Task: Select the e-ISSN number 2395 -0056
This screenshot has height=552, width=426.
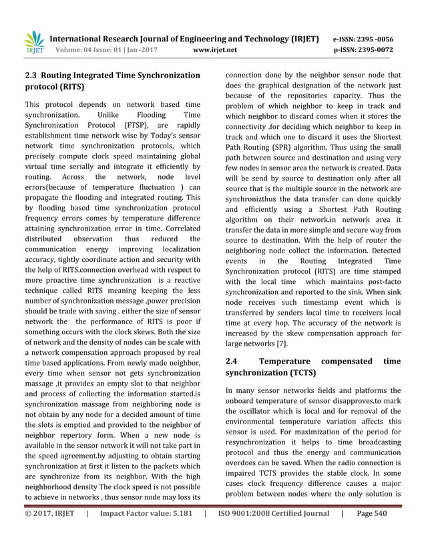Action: [372, 39]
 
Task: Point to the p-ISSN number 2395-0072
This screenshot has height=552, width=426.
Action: [372, 49]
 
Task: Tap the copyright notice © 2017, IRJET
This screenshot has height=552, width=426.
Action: [49, 532]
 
